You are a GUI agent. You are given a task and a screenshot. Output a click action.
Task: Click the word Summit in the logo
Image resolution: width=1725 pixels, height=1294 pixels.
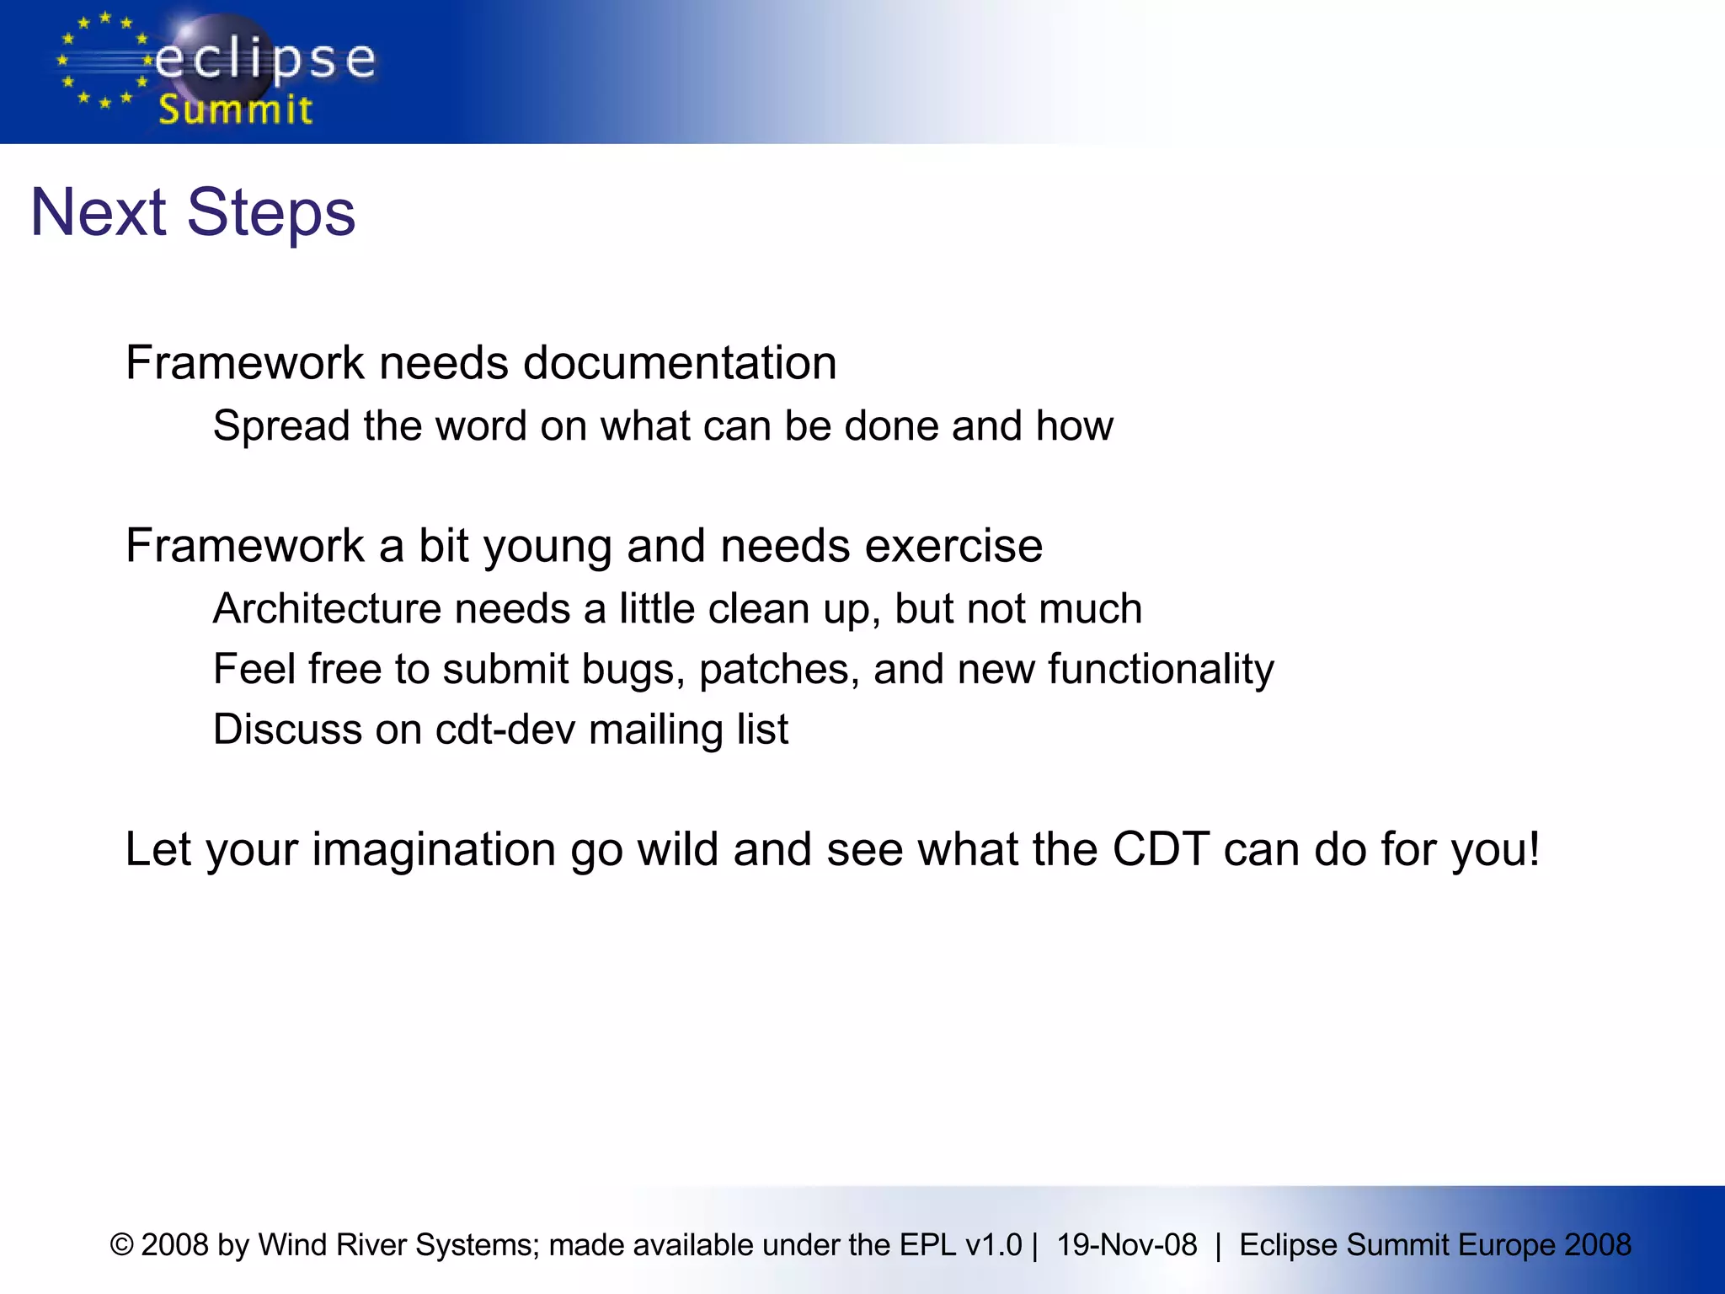[x=236, y=110]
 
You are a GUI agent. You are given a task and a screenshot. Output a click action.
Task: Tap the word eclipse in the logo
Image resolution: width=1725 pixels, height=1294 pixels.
[x=265, y=61]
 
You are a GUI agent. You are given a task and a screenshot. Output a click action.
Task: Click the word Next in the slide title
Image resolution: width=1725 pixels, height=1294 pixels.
[x=98, y=212]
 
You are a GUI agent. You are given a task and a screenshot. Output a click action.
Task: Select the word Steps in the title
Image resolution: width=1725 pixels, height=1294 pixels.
[x=271, y=214]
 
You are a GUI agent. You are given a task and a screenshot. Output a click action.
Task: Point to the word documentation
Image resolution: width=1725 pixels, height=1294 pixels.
[x=680, y=363]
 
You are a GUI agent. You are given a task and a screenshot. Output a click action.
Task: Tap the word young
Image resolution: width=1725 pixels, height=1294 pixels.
[x=547, y=548]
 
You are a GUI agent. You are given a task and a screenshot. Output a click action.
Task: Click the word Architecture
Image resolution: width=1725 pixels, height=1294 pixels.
[x=327, y=608]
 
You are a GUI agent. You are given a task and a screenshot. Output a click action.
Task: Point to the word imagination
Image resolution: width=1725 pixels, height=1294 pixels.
[x=434, y=850]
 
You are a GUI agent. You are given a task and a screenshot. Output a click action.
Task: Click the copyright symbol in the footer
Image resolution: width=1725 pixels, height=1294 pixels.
[x=122, y=1245]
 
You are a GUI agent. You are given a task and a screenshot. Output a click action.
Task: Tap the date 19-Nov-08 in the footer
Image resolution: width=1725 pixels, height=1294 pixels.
[x=1127, y=1245]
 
